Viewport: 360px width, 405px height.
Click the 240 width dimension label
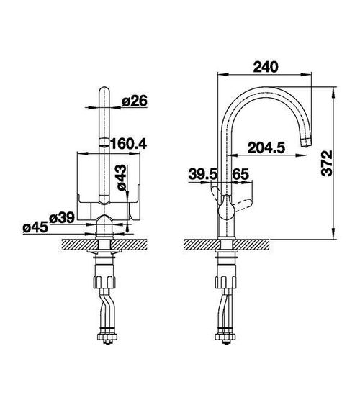pyautogui.click(x=266, y=67)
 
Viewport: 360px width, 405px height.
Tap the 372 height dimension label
pyautogui.click(x=326, y=163)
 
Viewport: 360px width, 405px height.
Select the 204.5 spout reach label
pyautogui.click(x=266, y=147)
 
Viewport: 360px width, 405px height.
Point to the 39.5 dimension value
pyautogui.click(x=203, y=174)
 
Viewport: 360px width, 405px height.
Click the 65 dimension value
pyautogui.click(x=240, y=174)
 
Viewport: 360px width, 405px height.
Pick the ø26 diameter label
pyautogui.click(x=135, y=101)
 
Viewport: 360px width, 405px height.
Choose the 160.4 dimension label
pyautogui.click(x=128, y=144)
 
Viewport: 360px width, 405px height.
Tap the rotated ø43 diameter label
pyautogui.click(x=122, y=178)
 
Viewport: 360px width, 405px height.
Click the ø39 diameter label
pyautogui.click(x=62, y=218)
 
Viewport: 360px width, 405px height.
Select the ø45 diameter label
pyautogui.click(x=35, y=227)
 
